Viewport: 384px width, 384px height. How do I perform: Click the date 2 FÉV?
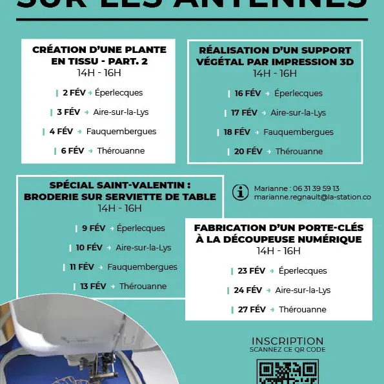click(74, 93)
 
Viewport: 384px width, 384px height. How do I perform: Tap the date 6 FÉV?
click(72, 151)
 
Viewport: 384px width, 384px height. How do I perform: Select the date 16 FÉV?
click(248, 94)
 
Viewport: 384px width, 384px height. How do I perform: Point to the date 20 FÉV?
click(248, 152)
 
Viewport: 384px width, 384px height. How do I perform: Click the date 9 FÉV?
click(94, 228)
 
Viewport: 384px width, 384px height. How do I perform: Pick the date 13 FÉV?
click(93, 287)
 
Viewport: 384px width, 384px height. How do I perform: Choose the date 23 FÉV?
click(252, 271)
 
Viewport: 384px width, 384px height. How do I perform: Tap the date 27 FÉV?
click(252, 310)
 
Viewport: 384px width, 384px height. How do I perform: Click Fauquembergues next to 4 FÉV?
click(121, 132)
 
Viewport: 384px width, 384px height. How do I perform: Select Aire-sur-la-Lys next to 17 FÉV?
click(298, 113)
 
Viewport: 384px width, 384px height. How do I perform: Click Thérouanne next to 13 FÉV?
click(143, 287)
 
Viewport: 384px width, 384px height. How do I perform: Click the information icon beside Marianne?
click(240, 192)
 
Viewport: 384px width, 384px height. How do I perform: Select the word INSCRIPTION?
click(287, 341)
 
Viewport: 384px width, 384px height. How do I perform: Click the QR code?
click(287, 372)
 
